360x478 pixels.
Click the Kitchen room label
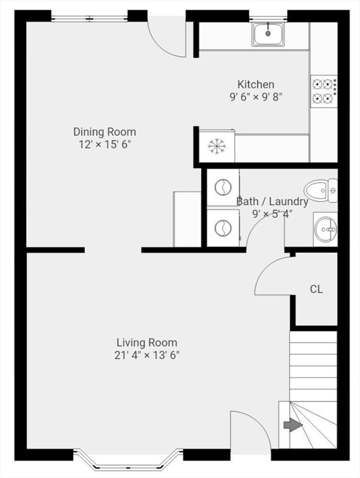[255, 85]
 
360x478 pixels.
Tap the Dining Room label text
[105, 132]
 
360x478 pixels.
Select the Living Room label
[147, 342]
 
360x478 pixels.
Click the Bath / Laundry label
[272, 202]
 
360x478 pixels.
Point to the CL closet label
[316, 289]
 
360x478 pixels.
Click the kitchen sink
[269, 34]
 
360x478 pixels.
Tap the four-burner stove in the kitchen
[324, 90]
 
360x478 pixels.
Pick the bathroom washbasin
[324, 229]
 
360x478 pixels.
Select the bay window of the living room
[123, 459]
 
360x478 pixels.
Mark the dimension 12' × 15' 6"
[105, 144]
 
